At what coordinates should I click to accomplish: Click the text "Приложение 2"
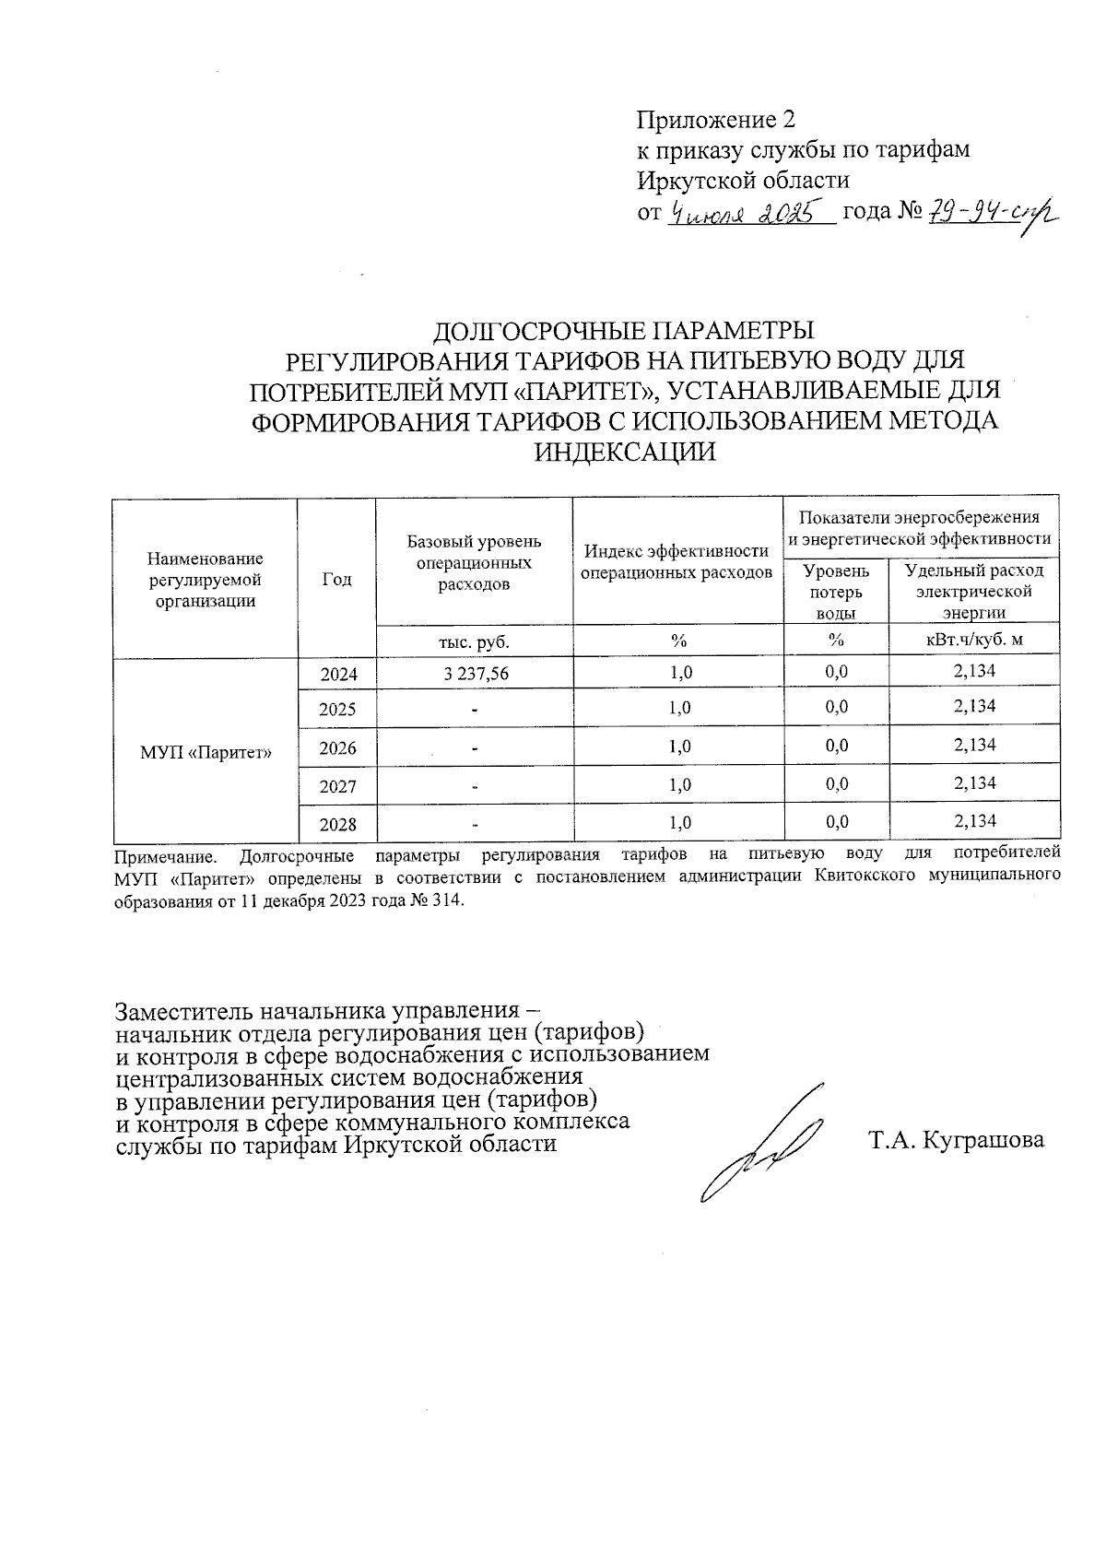point(714,121)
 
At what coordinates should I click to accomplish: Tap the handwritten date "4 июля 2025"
point(747,215)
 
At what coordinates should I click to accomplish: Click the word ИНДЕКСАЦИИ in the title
point(625,453)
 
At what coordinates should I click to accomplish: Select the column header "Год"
point(336,579)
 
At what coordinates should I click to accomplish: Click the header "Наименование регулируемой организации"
point(205,580)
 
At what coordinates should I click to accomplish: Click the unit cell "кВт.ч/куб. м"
point(974,641)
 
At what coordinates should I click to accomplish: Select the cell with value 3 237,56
point(475,674)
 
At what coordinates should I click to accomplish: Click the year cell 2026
point(337,747)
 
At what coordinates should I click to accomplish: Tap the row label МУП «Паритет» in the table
point(205,750)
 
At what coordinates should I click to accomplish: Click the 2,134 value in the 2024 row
point(974,672)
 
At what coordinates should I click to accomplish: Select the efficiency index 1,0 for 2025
point(679,708)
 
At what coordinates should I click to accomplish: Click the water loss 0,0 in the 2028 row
point(836,821)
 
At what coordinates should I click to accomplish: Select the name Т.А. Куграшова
point(955,1141)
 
